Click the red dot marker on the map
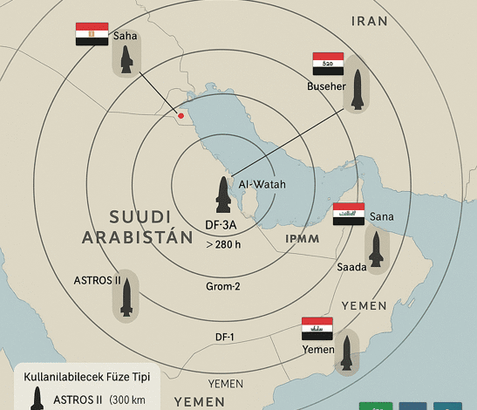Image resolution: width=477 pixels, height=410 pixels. tap(181, 115)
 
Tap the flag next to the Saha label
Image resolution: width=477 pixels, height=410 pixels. tap(92, 35)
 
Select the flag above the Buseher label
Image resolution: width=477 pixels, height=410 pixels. tap(329, 64)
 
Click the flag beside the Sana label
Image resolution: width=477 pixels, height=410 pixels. tap(348, 214)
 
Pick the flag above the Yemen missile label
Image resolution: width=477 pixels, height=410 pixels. tap(317, 329)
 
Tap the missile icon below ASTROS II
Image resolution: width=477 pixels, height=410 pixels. tap(127, 297)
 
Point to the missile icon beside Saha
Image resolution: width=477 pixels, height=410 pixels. tap(126, 58)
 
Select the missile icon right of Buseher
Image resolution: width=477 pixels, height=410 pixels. tap(356, 87)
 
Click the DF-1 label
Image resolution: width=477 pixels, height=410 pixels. tap(225, 337)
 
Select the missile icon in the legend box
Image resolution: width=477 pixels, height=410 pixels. tap(37, 398)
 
